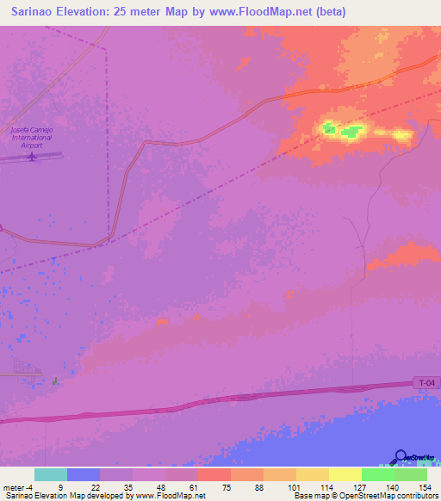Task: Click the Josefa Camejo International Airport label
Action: click(31, 137)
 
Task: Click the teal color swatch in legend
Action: click(51, 474)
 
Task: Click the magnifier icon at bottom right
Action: click(401, 457)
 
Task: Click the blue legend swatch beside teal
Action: click(84, 474)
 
